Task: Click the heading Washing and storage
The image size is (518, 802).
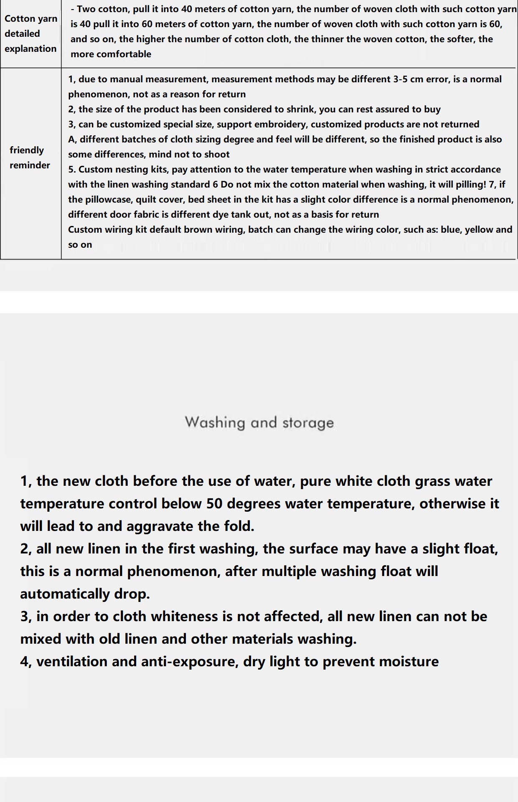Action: (x=259, y=422)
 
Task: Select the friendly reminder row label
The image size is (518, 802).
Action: (x=29, y=157)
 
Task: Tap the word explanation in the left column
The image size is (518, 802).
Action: (x=30, y=48)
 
